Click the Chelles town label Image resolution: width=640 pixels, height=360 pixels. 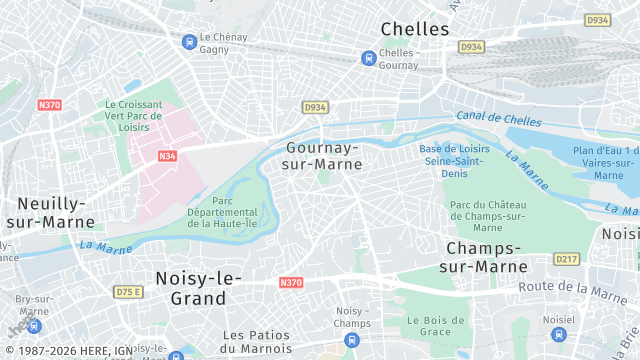click(x=415, y=29)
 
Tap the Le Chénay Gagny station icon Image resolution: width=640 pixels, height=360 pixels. click(x=189, y=41)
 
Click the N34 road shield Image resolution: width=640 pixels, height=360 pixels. click(x=166, y=156)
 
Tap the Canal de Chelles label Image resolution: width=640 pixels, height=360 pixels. click(x=491, y=118)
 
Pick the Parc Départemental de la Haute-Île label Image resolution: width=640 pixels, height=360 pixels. click(x=221, y=211)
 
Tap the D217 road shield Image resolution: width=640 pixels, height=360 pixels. click(x=567, y=259)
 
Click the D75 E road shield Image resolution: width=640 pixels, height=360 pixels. click(x=128, y=291)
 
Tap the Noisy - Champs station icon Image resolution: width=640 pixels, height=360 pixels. click(x=351, y=341)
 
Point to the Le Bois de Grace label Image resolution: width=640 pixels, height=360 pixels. click(x=430, y=327)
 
